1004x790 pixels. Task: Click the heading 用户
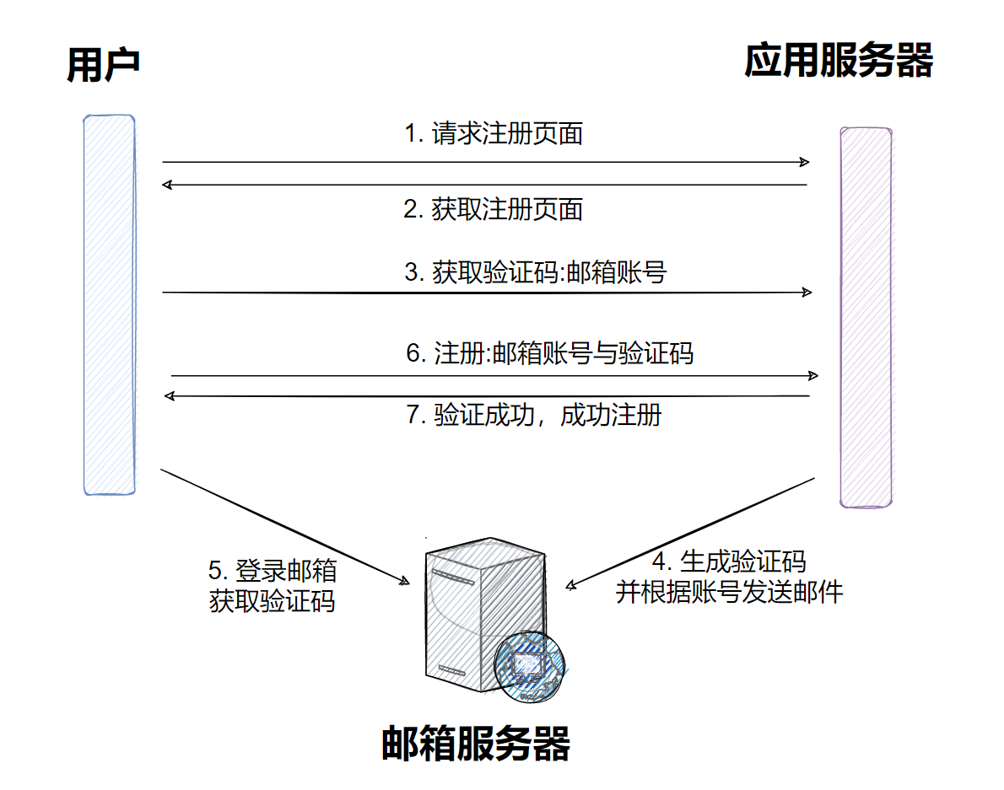click(x=103, y=66)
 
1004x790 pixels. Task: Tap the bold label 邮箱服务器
click(x=476, y=743)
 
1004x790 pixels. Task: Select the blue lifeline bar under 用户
click(x=109, y=304)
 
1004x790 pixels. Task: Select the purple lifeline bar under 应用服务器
click(x=866, y=317)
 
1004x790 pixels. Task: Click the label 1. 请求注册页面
click(x=494, y=133)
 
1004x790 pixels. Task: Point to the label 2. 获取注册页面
click(x=494, y=209)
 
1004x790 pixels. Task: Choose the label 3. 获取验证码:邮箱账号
click(x=535, y=272)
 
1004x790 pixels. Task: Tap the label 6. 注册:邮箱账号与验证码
click(x=549, y=352)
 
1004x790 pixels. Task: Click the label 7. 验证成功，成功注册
click(x=534, y=415)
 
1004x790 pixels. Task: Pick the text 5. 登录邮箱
click(x=273, y=571)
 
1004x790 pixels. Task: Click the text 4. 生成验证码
click(x=730, y=562)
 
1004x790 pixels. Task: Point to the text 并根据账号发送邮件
click(x=729, y=592)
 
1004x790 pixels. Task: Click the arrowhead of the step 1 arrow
click(x=806, y=162)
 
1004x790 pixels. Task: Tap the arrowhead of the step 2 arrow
click(x=168, y=184)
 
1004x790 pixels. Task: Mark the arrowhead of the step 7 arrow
click(x=169, y=395)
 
